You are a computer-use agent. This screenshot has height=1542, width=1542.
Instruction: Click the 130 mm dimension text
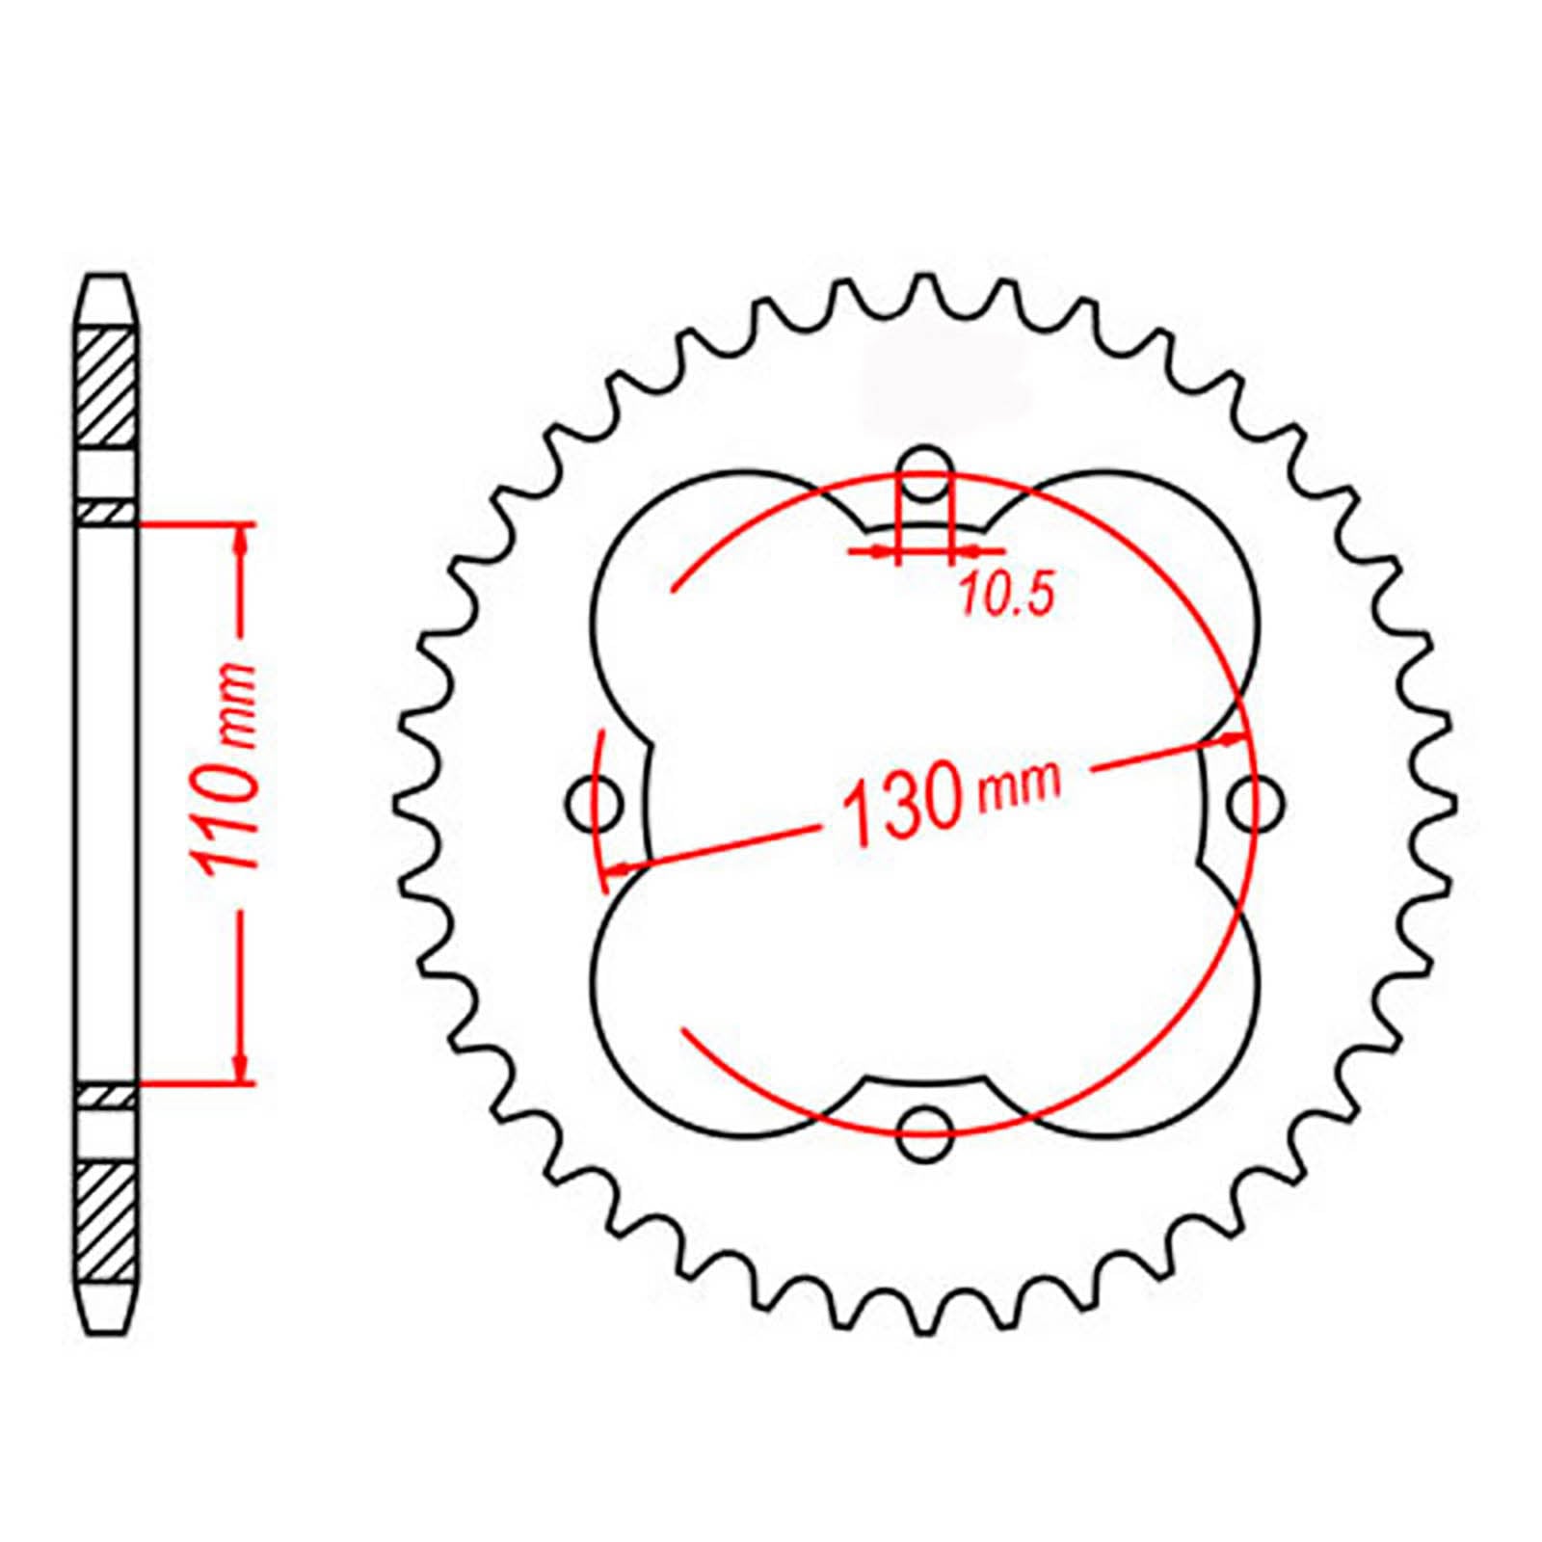[x=949, y=800]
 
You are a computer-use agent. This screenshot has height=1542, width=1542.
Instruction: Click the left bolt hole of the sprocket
[x=593, y=802]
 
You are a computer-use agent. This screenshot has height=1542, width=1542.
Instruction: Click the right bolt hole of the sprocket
[x=1256, y=802]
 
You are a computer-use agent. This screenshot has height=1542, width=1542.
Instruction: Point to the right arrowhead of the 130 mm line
[x=1232, y=739]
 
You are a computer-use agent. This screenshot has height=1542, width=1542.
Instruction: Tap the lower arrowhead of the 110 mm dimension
[x=241, y=1068]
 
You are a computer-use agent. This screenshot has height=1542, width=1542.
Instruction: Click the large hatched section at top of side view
[x=105, y=385]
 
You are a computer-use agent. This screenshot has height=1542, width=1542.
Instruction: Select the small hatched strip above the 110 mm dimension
[x=105, y=513]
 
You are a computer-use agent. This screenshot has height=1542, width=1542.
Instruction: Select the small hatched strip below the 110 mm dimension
[x=105, y=1097]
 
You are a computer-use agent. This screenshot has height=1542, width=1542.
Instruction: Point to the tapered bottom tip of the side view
[x=105, y=1316]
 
